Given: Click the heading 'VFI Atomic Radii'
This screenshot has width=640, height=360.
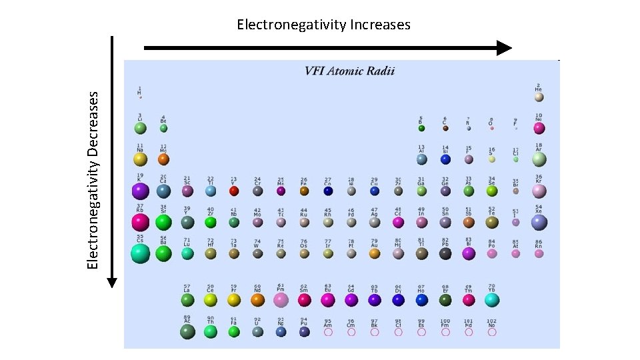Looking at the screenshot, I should point(349,71).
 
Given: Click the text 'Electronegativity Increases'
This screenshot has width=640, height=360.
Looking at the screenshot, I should point(323,25).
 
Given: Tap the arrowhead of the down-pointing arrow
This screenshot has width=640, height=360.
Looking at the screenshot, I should point(112,281).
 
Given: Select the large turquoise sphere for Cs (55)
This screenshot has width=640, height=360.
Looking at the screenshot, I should point(140,253).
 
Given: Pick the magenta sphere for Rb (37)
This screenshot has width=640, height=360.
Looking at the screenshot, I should point(140,222).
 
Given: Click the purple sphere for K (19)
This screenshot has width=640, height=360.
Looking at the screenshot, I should point(140,191).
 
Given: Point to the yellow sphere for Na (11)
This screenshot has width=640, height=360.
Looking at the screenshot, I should point(140,159).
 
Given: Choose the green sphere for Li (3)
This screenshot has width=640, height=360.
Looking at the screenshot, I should point(140,128).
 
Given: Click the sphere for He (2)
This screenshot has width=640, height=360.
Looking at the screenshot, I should point(539,97).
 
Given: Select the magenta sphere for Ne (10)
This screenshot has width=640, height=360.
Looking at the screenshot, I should point(539,128).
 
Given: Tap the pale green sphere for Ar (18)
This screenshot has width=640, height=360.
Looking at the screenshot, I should point(539,159).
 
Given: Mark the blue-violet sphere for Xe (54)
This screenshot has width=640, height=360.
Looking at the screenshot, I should point(539,222).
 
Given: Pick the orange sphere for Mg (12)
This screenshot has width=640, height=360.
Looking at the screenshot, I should point(163,159).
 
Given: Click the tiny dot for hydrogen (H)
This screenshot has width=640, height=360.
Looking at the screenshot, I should point(140,97).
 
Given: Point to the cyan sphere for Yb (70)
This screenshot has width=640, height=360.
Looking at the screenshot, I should point(491,300).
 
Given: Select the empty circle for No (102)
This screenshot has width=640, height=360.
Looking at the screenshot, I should point(491,331).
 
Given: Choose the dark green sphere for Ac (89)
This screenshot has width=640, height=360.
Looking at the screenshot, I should point(187,331).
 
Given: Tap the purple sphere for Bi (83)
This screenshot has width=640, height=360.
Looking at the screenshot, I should point(468,253).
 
